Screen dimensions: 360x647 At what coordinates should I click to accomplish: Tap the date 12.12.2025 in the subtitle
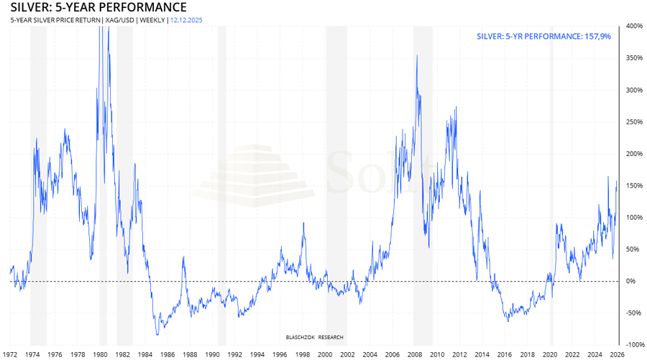coord(187,20)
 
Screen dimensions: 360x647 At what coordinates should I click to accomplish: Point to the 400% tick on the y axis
coord(634,26)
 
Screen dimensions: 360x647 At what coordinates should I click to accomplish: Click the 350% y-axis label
coord(634,58)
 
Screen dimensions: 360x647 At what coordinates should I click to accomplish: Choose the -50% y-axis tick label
coord(633,313)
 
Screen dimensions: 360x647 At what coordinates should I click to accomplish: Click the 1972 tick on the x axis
coord(11,354)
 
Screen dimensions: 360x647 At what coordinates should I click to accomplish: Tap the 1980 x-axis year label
coord(101,354)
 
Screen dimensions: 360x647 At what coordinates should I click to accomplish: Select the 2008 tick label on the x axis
coord(415,354)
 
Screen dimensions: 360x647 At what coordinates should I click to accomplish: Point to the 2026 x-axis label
coord(617,354)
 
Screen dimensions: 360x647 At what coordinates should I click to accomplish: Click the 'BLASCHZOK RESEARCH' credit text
coord(314,336)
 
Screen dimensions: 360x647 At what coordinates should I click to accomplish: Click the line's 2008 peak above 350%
coord(417,55)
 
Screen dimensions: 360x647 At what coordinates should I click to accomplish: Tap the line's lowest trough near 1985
coord(157,335)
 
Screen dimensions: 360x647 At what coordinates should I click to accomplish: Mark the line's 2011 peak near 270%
coord(456,108)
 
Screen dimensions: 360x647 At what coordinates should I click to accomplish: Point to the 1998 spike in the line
coord(303,223)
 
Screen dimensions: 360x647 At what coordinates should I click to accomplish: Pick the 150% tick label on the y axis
coord(634,185)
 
